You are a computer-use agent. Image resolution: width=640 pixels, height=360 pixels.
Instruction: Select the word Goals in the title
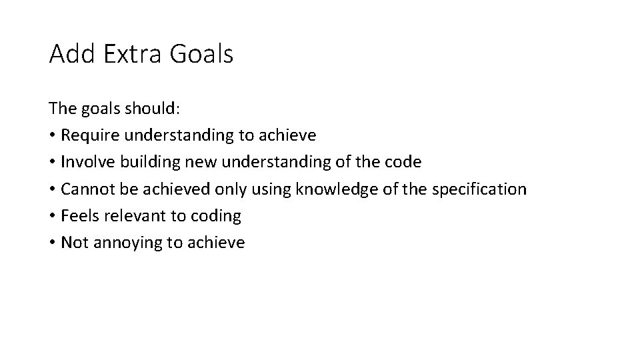(201, 54)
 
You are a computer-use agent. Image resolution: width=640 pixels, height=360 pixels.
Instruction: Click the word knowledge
(329, 189)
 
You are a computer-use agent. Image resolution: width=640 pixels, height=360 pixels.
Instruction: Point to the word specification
(479, 189)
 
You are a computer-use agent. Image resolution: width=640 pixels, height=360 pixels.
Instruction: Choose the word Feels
(76, 215)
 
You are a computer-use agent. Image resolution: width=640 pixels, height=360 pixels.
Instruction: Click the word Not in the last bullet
(73, 242)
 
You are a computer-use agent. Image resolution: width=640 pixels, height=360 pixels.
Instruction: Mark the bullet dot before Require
(52, 136)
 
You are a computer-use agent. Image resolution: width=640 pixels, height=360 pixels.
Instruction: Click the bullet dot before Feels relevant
(52, 216)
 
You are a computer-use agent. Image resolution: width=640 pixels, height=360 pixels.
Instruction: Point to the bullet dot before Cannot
(52, 189)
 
